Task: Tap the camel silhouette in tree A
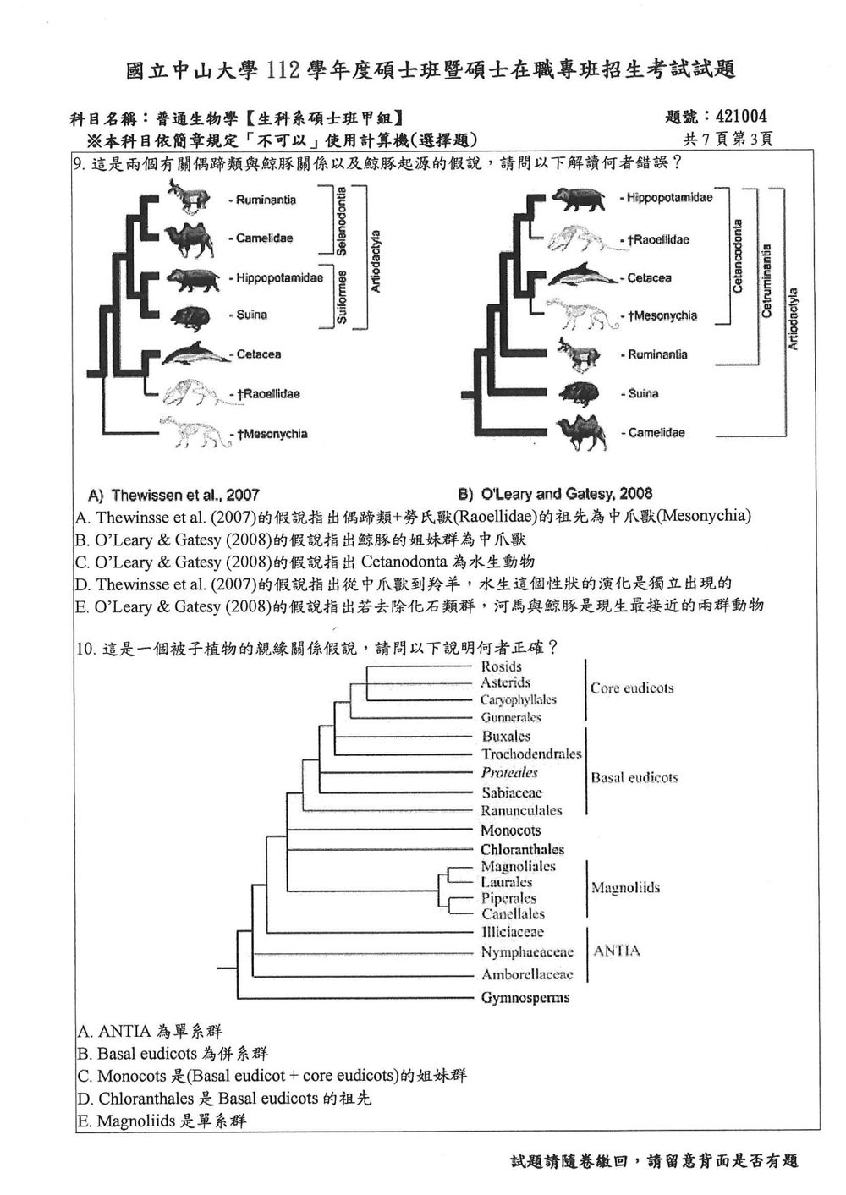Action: tap(190, 239)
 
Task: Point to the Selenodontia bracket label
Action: tap(341, 221)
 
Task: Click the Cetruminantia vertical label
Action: tap(766, 281)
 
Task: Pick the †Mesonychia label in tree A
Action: tap(272, 434)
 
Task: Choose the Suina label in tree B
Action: tap(643, 394)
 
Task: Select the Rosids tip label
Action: tap(501, 666)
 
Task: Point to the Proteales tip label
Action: tap(509, 772)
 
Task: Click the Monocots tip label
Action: tap(511, 830)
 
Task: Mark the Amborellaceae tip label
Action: tap(527, 974)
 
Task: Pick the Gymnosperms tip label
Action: tap(525, 998)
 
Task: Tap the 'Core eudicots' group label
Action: tap(632, 688)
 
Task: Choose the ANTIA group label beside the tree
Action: tap(617, 951)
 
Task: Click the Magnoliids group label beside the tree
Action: tap(625, 888)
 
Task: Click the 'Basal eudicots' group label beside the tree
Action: tap(634, 777)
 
